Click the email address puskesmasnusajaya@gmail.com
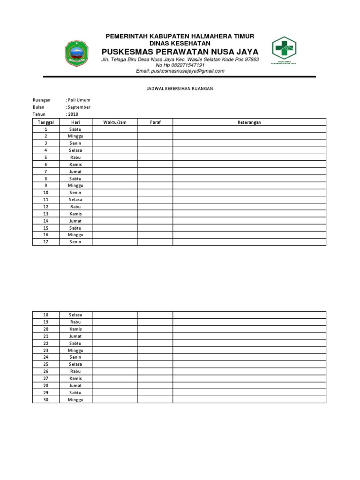pyautogui.click(x=180, y=71)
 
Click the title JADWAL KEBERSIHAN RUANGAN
pyautogui.click(x=180, y=89)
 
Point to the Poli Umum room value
pyautogui.click(x=78, y=100)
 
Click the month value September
pyautogui.click(x=78, y=107)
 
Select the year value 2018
pyautogui.click(x=73, y=114)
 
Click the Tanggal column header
pyautogui.click(x=46, y=122)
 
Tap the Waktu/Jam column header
pyautogui.click(x=115, y=122)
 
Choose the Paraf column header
pyautogui.click(x=155, y=122)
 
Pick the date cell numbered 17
pyautogui.click(x=46, y=242)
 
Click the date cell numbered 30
pyautogui.click(x=46, y=400)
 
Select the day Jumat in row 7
pyautogui.click(x=75, y=172)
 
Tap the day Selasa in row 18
pyautogui.click(x=75, y=315)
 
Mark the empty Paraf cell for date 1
pyautogui.click(x=155, y=129)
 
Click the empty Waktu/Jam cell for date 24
pyautogui.click(x=115, y=357)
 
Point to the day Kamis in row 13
pyautogui.click(x=75, y=214)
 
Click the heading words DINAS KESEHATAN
pyautogui.click(x=180, y=43)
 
